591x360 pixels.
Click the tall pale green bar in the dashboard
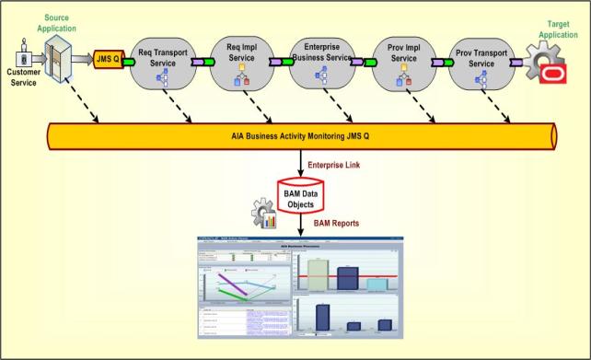318,274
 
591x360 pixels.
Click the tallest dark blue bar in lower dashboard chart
322,315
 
